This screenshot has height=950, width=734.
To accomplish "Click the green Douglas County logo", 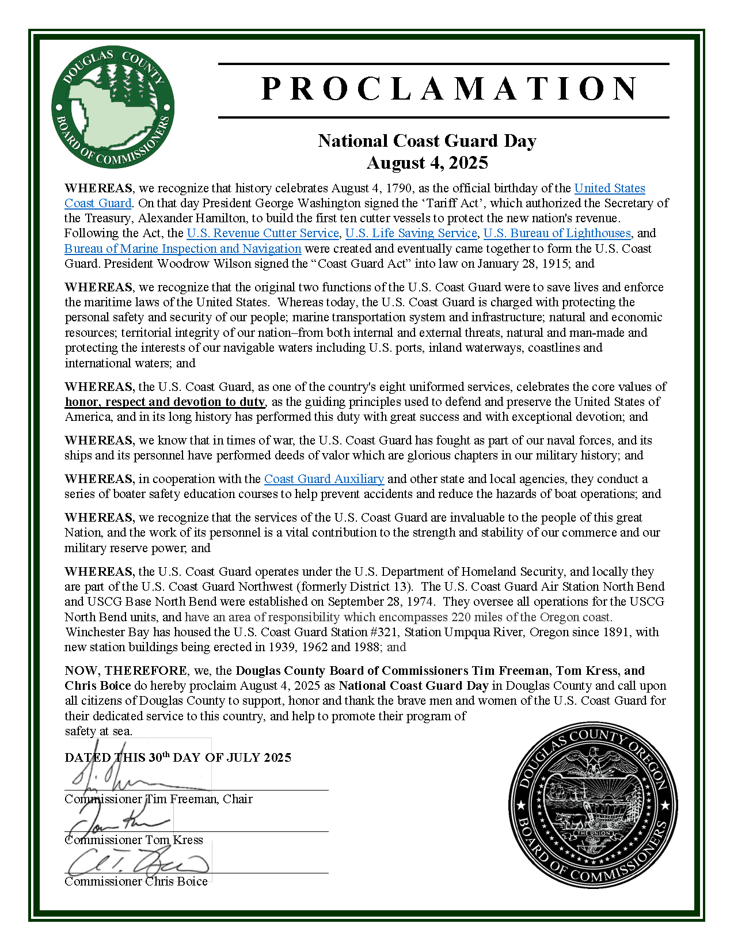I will coord(113,107).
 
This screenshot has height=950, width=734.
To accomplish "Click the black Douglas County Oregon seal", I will coord(593,804).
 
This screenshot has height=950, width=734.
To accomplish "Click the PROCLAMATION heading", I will coord(449,89).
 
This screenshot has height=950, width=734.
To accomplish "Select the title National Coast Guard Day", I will coord(427,141).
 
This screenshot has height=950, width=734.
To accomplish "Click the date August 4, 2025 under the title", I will coord(427,163).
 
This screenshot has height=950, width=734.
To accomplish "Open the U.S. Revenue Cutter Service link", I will coord(263,233).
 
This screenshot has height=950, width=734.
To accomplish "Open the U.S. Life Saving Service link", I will coord(411,233).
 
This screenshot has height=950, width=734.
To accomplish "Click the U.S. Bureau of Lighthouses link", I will coord(557,233).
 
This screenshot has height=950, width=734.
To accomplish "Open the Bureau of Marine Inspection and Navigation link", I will coord(183,249).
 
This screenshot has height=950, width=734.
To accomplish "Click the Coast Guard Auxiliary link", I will coord(324,479).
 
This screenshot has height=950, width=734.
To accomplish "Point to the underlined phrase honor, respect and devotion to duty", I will coord(165,402).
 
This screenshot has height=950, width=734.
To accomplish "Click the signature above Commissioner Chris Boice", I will coord(138,862).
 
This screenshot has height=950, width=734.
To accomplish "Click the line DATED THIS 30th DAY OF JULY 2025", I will coord(178,758).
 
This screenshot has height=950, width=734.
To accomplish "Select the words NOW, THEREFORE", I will coord(125,671).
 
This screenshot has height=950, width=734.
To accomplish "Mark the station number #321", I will coord(385,632).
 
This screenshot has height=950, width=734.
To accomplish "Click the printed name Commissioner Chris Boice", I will coord(136,881).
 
